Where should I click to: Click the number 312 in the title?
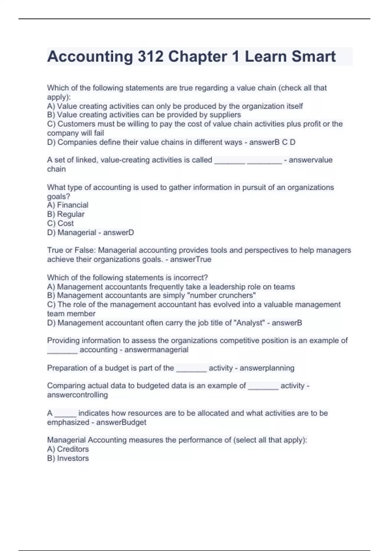(150, 56)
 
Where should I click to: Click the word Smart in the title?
(313, 56)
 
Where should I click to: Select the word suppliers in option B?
(225, 115)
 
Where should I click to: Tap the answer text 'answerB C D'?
(272, 142)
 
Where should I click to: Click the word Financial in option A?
(73, 205)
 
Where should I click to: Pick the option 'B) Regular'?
(66, 214)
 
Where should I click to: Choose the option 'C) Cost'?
(60, 223)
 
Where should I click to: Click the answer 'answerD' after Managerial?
(118, 232)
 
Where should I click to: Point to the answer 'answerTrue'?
(191, 259)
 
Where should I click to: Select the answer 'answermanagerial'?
(156, 350)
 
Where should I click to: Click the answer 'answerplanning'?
(267, 368)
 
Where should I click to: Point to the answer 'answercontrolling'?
(77, 395)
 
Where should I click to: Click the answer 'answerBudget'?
(121, 422)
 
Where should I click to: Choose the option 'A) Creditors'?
(68, 449)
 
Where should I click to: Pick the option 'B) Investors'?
(68, 458)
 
